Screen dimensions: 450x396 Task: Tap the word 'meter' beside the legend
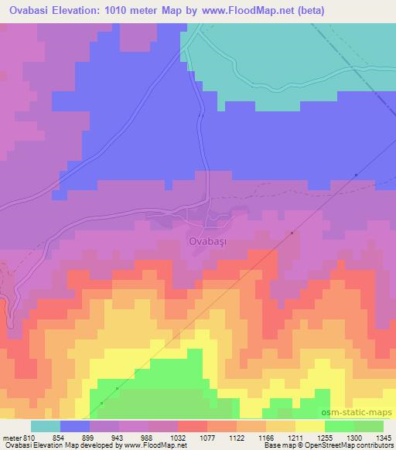[x=12, y=437]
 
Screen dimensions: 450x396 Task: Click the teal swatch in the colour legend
[x=46, y=426]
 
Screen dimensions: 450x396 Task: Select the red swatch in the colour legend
[x=192, y=426]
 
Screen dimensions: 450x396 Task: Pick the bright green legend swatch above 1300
[x=339, y=426]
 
